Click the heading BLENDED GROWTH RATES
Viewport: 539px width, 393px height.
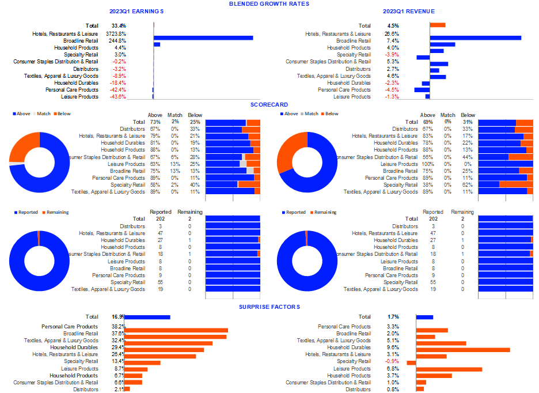coord(268,4)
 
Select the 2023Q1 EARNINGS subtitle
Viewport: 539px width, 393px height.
coord(136,12)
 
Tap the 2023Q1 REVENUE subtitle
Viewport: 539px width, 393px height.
coord(408,12)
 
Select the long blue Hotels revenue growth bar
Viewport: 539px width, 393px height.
coord(475,38)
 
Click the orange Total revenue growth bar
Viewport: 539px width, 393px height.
coord(438,25)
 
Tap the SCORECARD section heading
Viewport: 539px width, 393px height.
coord(268,105)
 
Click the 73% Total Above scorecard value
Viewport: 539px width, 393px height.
coord(155,122)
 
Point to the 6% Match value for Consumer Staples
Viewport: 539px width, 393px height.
coord(174,157)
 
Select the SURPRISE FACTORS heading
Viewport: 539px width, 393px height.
coord(268,307)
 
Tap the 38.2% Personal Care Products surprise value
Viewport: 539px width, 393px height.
coord(118,327)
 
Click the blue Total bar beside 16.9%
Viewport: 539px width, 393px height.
coord(147,317)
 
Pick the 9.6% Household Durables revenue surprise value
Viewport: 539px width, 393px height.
coord(393,347)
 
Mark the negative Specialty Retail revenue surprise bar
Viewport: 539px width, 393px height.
coord(411,362)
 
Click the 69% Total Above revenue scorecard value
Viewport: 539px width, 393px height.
coord(428,122)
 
